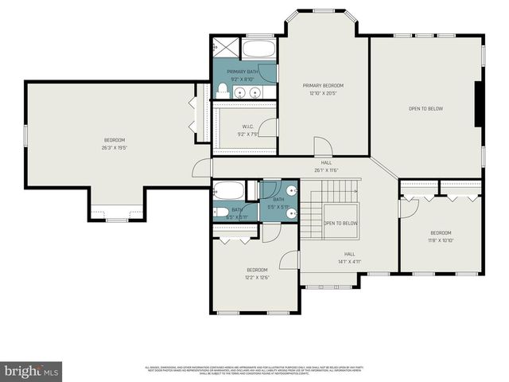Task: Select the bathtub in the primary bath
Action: coord(258,49)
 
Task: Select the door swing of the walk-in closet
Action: coord(270,127)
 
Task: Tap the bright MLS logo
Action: coord(32,371)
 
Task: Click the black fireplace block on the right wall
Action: coord(478,103)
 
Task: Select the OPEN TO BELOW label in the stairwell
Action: coord(340,224)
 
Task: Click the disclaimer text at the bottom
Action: coord(254,369)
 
